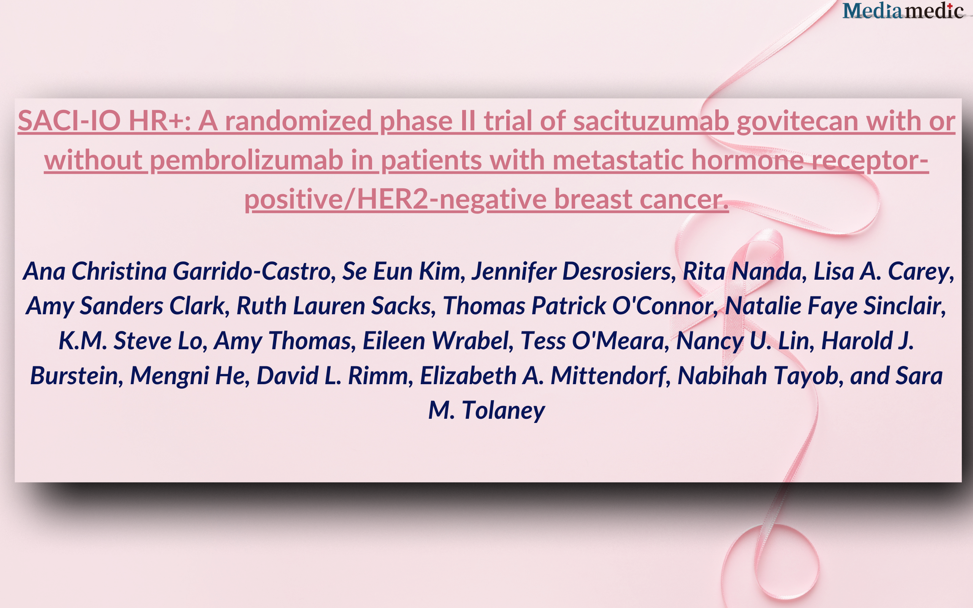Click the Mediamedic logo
[x=903, y=11]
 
